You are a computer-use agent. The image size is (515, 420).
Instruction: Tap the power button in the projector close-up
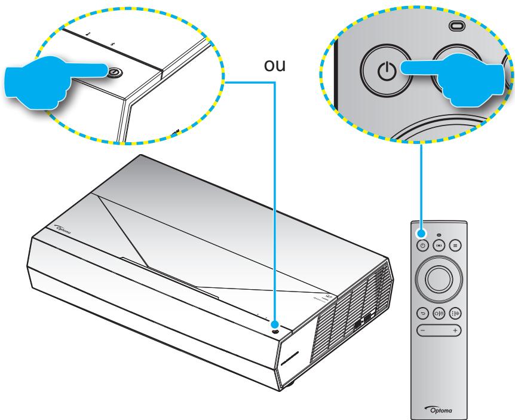(114, 72)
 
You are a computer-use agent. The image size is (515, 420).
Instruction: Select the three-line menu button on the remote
(455, 244)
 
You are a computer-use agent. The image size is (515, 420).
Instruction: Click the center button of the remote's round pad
(439, 277)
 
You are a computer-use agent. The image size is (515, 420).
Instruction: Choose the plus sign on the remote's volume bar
(456, 330)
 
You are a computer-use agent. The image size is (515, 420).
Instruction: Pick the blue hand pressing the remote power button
(460, 72)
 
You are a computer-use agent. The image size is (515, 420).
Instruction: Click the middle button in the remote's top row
(439, 244)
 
